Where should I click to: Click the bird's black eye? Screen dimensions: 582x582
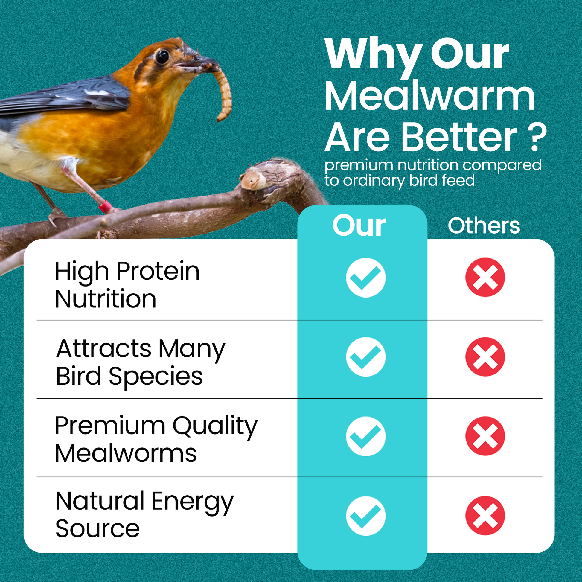[162, 57]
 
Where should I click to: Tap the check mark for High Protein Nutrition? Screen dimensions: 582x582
[366, 278]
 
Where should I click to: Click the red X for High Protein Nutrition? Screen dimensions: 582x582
[485, 277]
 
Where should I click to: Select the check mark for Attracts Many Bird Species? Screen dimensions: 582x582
[366, 357]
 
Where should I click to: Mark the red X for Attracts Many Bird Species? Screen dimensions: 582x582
[485, 357]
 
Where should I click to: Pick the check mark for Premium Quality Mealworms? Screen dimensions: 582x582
[366, 437]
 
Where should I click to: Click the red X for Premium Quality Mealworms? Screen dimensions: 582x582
[485, 436]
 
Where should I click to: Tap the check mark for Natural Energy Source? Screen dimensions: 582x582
[366, 516]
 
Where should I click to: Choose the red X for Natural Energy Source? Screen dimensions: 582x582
[485, 516]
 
